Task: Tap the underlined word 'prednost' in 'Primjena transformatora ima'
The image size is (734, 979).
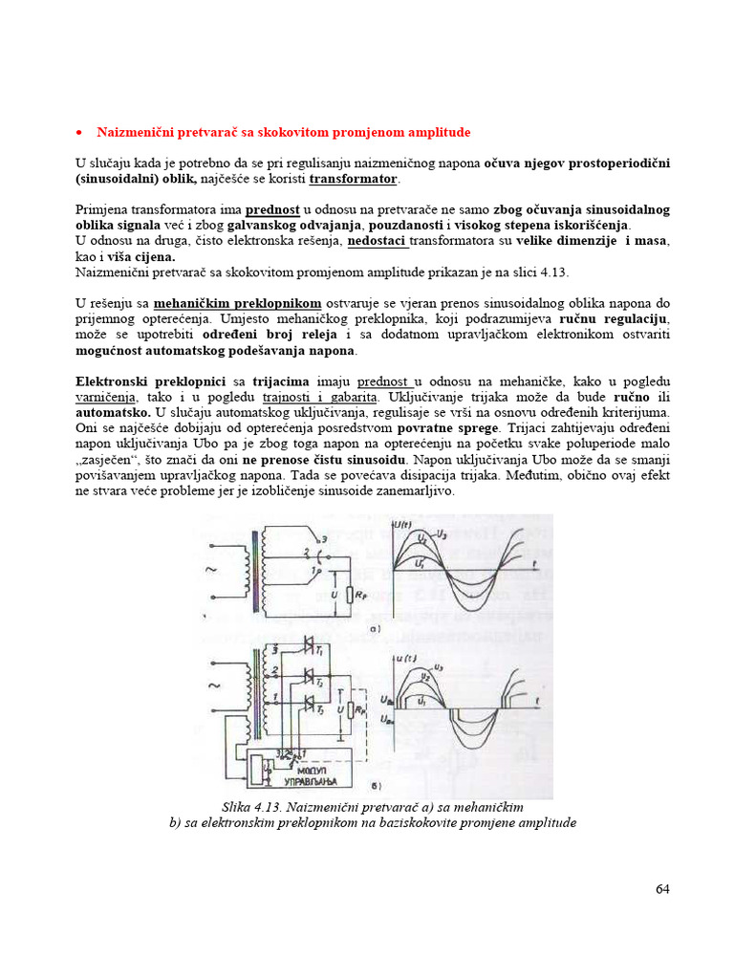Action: pos(272,209)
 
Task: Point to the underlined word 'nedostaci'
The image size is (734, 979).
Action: pos(377,240)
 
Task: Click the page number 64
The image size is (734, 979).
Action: pos(662,889)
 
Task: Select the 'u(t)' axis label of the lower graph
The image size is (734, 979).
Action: pos(404,659)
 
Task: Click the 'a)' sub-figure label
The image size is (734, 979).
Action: pos(378,629)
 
